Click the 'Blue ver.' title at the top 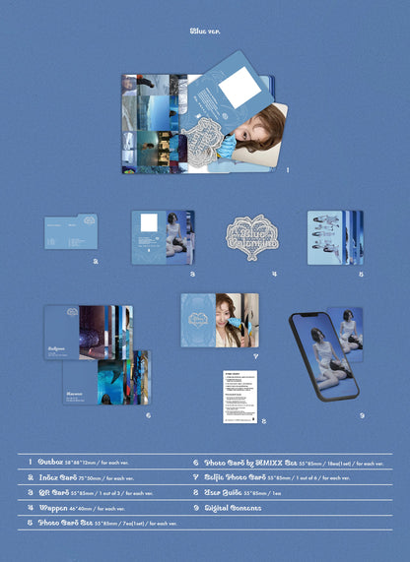pos(205,31)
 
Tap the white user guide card pos(242,393)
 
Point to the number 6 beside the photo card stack pos(149,415)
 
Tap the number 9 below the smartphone pos(362,415)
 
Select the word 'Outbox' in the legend pos(51,461)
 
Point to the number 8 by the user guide pos(264,420)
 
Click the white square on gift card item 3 pos(150,223)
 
